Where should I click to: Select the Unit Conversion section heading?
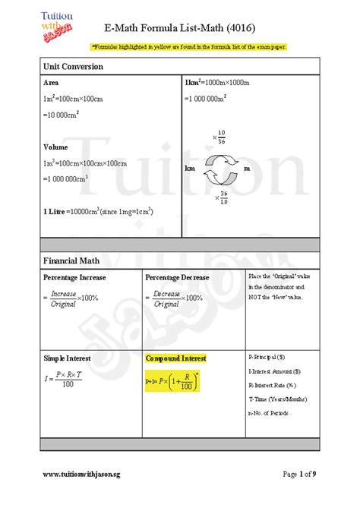coord(73,67)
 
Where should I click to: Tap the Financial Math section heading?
coord(71,261)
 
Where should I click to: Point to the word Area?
coord(51,82)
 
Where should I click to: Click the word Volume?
coord(55,147)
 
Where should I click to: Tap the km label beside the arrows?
coord(189,169)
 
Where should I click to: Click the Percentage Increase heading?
coord(74,278)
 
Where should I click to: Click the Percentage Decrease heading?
coord(177,278)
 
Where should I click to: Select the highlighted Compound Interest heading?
coord(175,358)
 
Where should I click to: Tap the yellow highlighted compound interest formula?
coord(172,381)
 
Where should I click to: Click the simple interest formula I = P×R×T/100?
coord(62,380)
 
